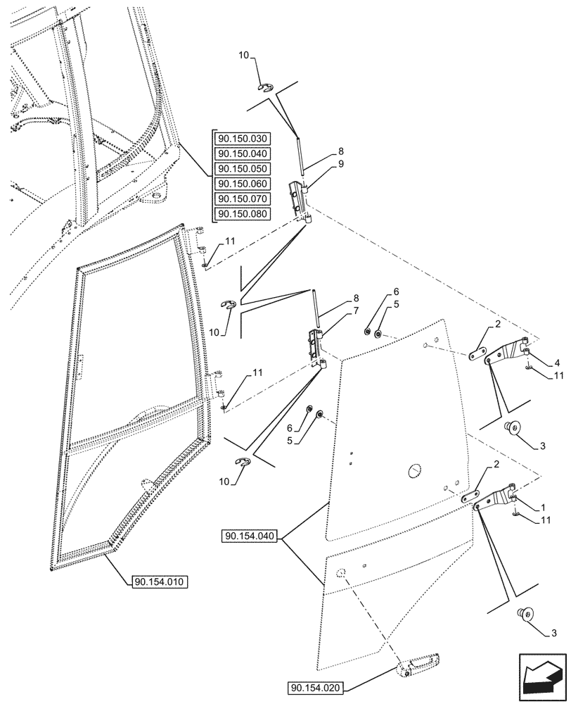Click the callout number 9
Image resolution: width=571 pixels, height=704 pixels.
(340, 164)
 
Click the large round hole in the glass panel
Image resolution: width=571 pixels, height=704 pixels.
(413, 470)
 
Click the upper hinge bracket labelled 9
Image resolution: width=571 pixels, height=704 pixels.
(300, 200)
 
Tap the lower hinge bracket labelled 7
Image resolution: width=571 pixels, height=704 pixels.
(314, 347)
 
